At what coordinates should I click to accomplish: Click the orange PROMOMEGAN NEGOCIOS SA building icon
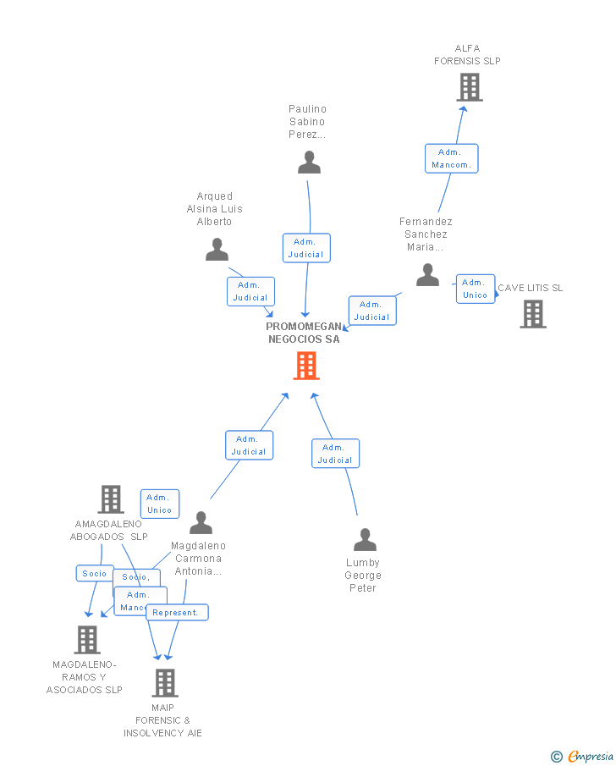pyautogui.click(x=306, y=366)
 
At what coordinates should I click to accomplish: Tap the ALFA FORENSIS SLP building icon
pyautogui.click(x=469, y=87)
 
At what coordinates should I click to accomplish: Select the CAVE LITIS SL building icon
pyautogui.click(x=532, y=314)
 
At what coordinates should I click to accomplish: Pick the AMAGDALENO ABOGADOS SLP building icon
pyautogui.click(x=111, y=499)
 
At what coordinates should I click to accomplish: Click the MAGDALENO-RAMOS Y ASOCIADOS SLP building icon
pyautogui.click(x=87, y=639)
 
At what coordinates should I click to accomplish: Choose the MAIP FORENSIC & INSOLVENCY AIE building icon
pyautogui.click(x=164, y=682)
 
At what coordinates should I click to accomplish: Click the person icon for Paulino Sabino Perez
pyautogui.click(x=309, y=162)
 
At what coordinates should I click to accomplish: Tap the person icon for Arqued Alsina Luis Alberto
pyautogui.click(x=217, y=250)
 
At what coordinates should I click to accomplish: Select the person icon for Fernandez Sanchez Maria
pyautogui.click(x=427, y=275)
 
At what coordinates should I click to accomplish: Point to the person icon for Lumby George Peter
pyautogui.click(x=365, y=539)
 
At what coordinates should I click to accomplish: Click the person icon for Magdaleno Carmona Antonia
pyautogui.click(x=201, y=522)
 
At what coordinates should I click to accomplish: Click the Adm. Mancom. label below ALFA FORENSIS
pyautogui.click(x=451, y=158)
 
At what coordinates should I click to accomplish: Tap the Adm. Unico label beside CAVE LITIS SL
pyautogui.click(x=475, y=289)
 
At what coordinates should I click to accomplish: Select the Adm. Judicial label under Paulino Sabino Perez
pyautogui.click(x=305, y=248)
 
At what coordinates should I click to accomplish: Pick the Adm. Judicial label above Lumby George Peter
pyautogui.click(x=335, y=454)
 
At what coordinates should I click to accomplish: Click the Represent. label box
pyautogui.click(x=176, y=612)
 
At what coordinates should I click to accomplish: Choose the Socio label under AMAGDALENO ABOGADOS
pyautogui.click(x=94, y=573)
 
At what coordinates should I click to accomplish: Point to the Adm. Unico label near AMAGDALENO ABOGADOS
pyautogui.click(x=160, y=504)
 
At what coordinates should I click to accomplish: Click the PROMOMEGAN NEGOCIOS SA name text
pyautogui.click(x=304, y=333)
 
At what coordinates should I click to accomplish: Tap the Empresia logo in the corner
pyautogui.click(x=583, y=756)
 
